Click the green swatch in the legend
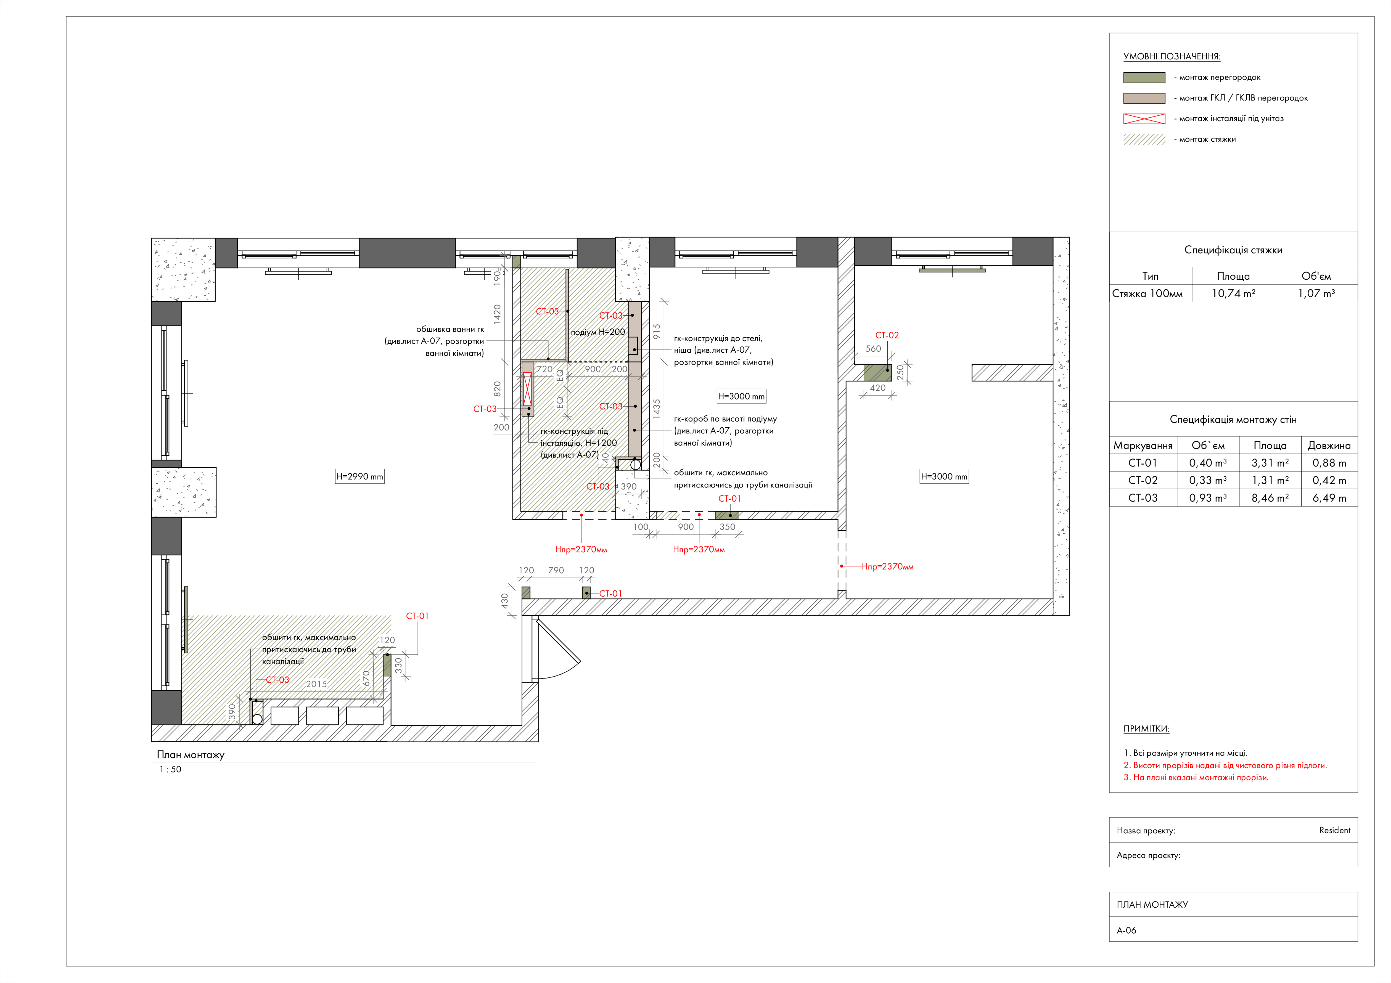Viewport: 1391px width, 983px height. tap(1144, 77)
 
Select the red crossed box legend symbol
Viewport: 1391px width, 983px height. tap(1144, 119)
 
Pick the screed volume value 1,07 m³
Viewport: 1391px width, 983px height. tap(1316, 293)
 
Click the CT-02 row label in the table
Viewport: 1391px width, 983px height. tap(1143, 480)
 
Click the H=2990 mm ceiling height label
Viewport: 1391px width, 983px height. tap(360, 477)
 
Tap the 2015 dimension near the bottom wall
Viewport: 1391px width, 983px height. tap(316, 684)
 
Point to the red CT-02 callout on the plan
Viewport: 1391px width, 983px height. tap(887, 335)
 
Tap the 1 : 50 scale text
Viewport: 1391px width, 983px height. tap(170, 769)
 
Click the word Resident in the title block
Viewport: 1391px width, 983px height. tap(1335, 830)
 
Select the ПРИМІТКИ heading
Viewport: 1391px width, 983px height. tap(1146, 729)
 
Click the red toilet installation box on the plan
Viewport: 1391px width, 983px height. tap(527, 389)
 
